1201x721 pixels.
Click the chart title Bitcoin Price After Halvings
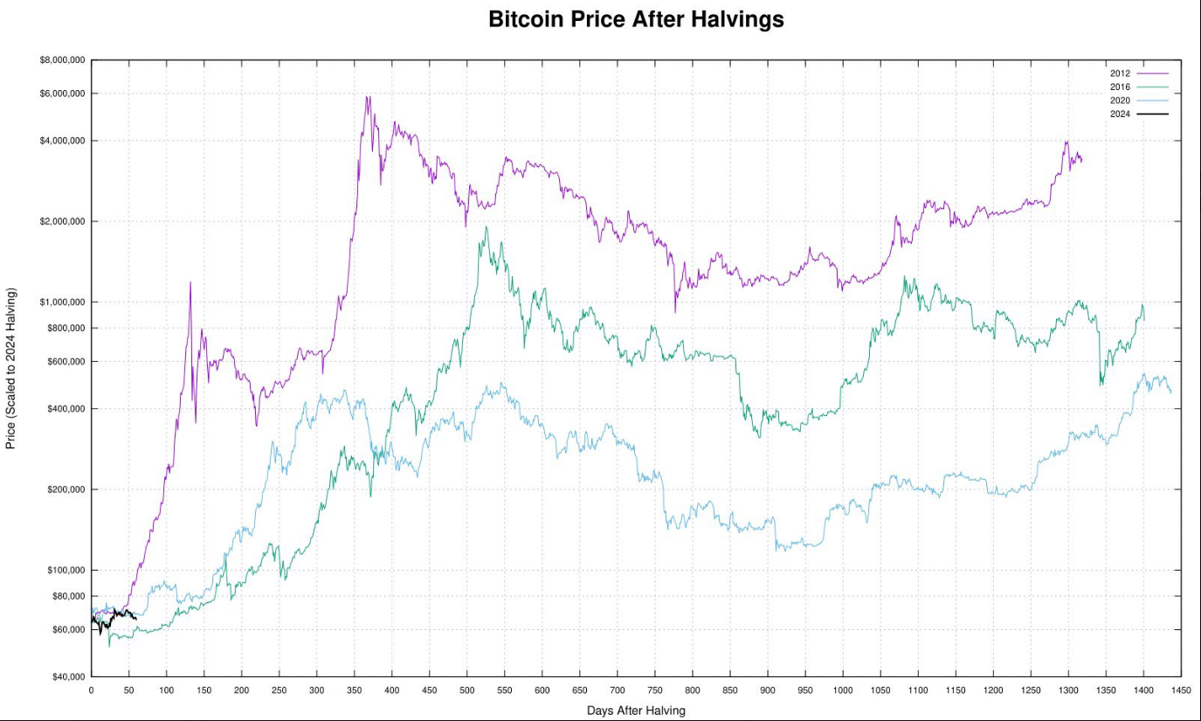(x=636, y=19)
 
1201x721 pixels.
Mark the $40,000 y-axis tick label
(x=64, y=677)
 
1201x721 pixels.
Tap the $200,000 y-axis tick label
(x=64, y=489)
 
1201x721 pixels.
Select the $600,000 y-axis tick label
(x=64, y=362)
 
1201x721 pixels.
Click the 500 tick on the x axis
(x=466, y=690)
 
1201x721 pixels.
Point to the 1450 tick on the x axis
(x=1180, y=690)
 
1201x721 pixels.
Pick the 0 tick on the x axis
(x=91, y=690)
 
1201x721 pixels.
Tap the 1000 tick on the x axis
(x=842, y=690)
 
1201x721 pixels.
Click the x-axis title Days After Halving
(x=636, y=711)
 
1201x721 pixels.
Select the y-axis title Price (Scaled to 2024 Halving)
(x=10, y=368)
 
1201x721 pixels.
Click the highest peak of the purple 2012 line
(x=367, y=96)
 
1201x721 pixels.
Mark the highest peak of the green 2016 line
(x=487, y=227)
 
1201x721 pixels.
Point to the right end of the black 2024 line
(x=136, y=619)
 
